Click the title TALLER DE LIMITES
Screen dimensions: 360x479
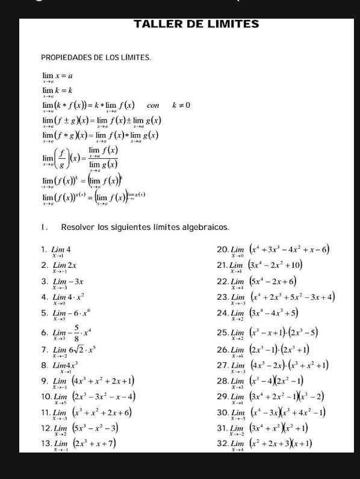pos(196,25)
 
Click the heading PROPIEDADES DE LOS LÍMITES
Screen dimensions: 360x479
pos(96,58)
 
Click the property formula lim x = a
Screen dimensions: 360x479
pos(57,77)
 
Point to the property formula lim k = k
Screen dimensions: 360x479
pos(57,91)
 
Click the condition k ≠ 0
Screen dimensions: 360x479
pos(181,105)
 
